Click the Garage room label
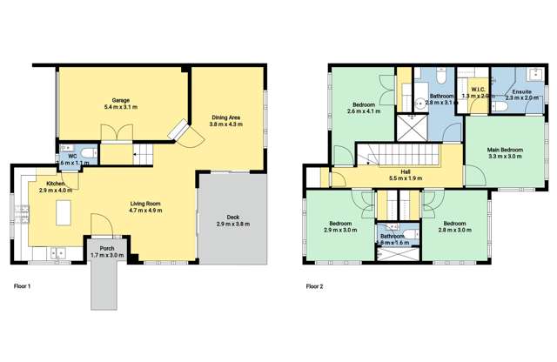point(120,103)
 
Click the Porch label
point(107,251)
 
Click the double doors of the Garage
point(115,133)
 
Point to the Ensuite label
point(521,94)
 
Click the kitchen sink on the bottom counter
point(57,253)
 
